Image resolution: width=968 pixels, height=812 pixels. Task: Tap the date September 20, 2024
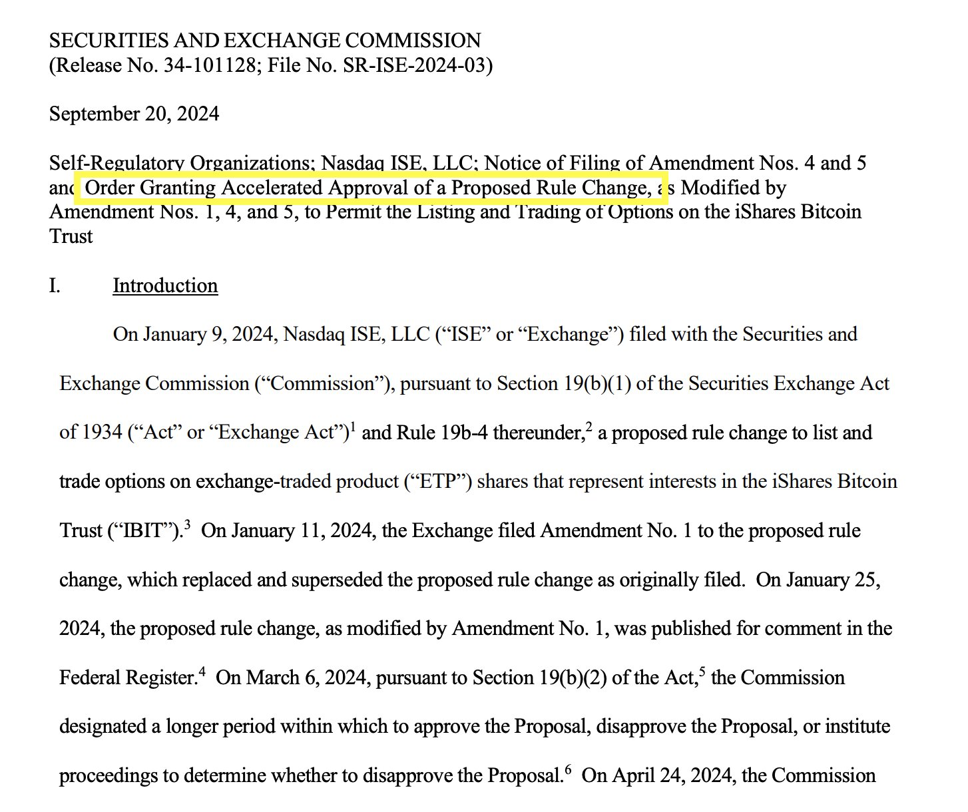(134, 114)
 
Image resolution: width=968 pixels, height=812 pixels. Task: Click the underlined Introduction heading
(165, 285)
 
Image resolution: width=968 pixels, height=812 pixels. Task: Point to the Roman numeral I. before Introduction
(55, 285)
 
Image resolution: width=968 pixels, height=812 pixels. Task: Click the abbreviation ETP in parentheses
(438, 481)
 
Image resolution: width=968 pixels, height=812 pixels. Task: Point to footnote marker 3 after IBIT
(188, 525)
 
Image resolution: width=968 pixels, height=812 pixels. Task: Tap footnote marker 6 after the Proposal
(568, 770)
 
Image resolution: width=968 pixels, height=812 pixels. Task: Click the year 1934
(102, 433)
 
